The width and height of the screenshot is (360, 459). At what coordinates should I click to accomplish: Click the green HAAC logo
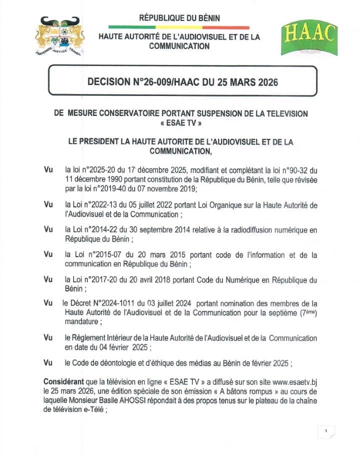click(x=309, y=39)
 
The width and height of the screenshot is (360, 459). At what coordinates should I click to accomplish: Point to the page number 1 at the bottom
click(x=325, y=431)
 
